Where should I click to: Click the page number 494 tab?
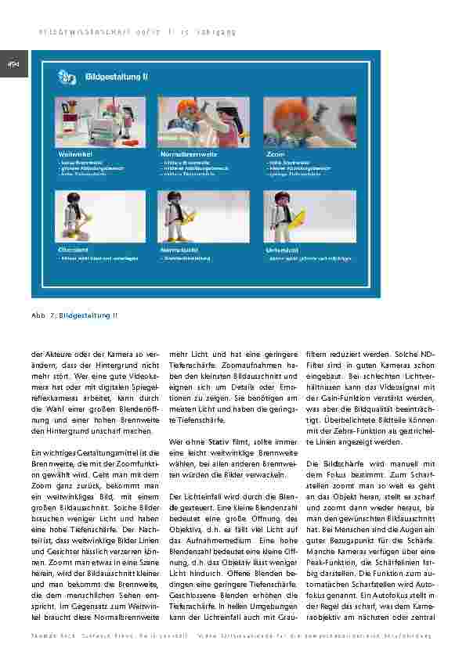[13, 64]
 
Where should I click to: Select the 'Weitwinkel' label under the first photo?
[74, 155]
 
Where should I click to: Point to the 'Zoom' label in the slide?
[275, 155]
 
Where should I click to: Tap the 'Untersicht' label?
[280, 249]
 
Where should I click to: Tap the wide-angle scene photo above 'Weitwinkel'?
[100, 122]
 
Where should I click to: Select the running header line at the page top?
[138, 32]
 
